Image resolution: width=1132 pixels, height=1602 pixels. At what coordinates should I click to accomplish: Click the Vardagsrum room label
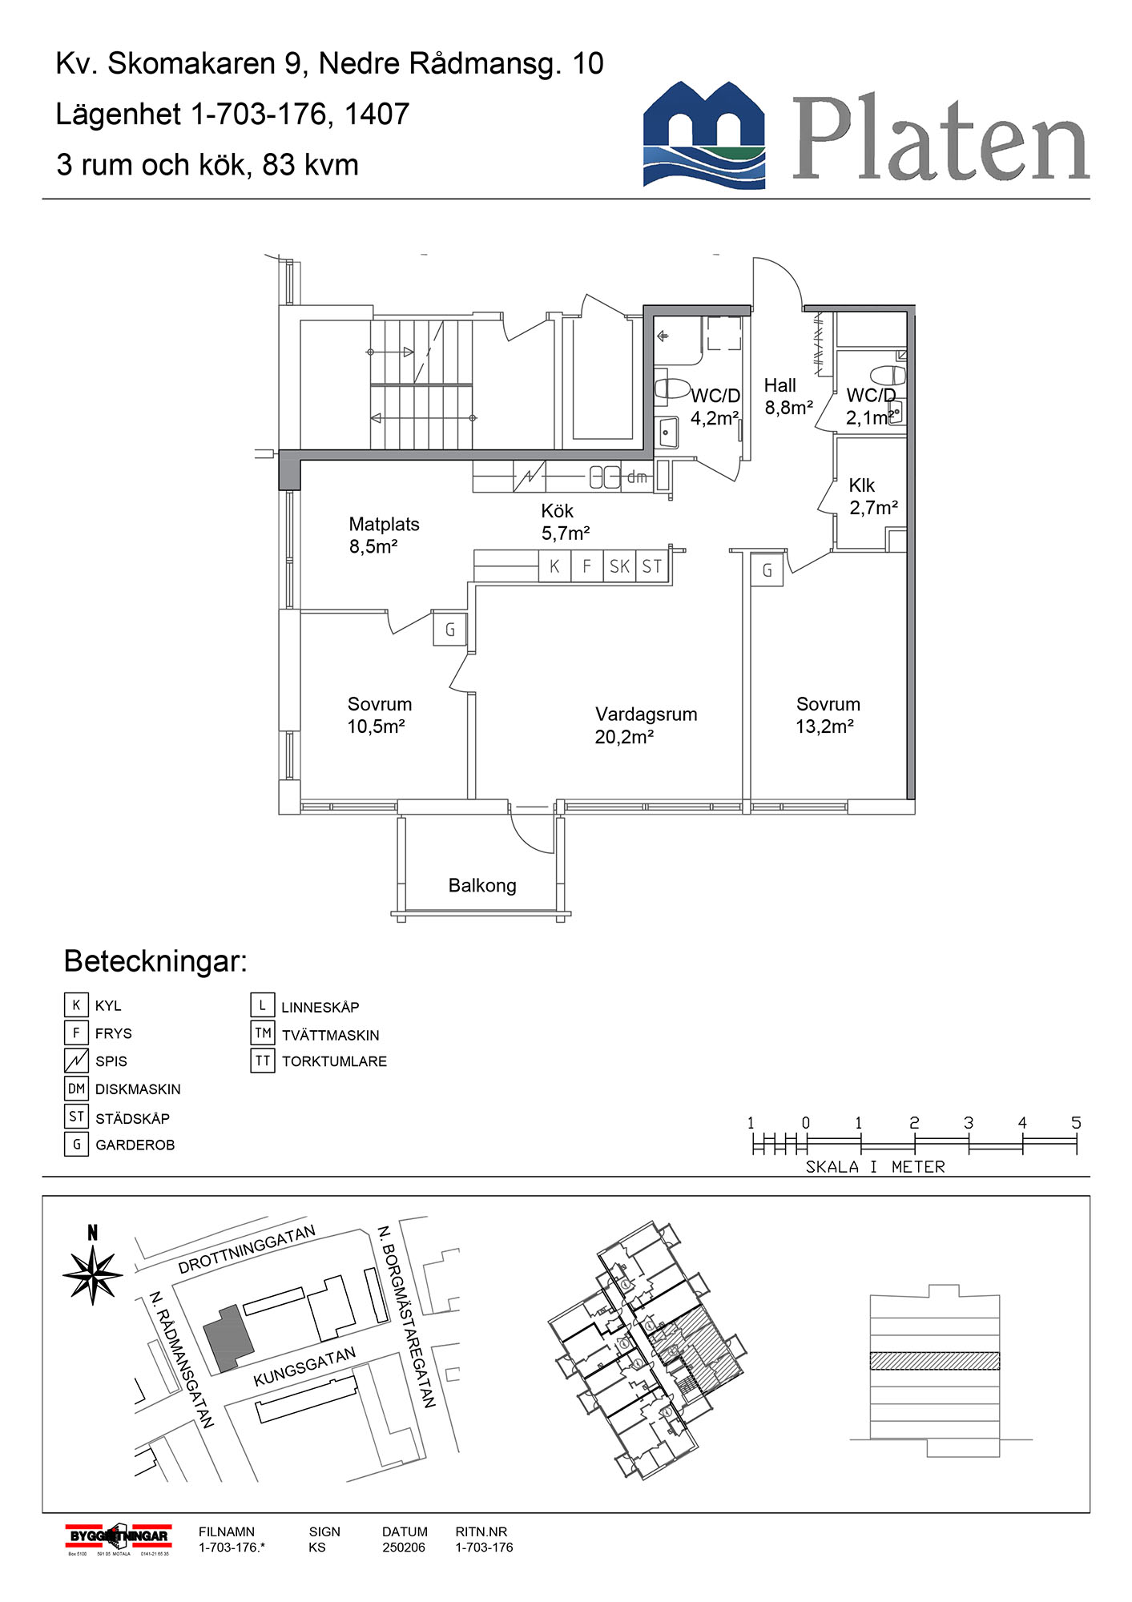(x=646, y=714)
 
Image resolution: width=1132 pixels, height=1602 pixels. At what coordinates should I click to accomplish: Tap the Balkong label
(x=482, y=886)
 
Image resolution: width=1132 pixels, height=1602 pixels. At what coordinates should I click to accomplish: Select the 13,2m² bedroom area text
(x=824, y=727)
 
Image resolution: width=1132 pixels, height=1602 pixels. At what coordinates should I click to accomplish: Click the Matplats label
(x=384, y=525)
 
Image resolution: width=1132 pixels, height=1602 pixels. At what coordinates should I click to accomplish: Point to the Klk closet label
(x=862, y=485)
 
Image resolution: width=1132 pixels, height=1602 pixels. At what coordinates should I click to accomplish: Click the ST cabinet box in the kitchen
(x=652, y=567)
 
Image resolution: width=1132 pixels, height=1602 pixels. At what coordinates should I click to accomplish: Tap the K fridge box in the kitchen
(x=554, y=567)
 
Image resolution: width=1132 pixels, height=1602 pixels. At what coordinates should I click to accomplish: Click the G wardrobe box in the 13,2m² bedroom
(x=767, y=570)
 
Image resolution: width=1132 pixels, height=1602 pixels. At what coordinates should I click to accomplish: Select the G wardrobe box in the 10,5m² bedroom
(x=449, y=630)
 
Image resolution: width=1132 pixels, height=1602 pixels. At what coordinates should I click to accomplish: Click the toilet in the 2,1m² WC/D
(x=888, y=375)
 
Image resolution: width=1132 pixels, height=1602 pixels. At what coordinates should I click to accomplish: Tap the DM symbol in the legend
(x=76, y=1089)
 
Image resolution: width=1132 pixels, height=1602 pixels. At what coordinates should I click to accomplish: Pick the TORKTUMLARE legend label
(x=334, y=1062)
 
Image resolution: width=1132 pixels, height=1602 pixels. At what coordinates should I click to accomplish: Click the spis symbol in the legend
(x=76, y=1061)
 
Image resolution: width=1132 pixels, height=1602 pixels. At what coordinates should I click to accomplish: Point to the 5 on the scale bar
(x=1076, y=1124)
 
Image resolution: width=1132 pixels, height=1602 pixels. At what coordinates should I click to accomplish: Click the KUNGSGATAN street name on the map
(x=304, y=1367)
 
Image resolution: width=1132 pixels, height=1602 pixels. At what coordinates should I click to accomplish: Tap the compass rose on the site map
(x=93, y=1274)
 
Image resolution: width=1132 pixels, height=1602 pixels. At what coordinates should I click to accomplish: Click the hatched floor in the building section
(x=934, y=1361)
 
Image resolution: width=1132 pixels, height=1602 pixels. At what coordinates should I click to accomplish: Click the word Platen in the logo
(x=941, y=139)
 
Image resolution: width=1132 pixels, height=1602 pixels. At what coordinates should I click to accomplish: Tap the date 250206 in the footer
(x=404, y=1548)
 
